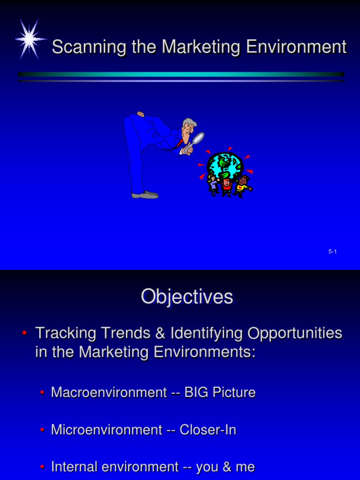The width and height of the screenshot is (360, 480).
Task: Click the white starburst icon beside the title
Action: click(x=30, y=39)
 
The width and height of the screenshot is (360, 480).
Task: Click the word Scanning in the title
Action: click(x=82, y=47)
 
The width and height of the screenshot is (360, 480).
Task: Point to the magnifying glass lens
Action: click(x=198, y=139)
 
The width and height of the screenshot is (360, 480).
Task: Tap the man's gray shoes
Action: click(x=145, y=195)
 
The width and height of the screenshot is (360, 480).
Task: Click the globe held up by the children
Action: click(x=225, y=165)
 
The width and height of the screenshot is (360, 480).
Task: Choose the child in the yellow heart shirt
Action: click(x=242, y=186)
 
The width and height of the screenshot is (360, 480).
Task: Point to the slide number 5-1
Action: click(x=332, y=252)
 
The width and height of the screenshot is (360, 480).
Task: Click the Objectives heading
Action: click(x=187, y=297)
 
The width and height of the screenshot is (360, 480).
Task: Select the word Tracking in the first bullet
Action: click(x=66, y=333)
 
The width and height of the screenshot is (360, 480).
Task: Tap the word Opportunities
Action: click(x=295, y=333)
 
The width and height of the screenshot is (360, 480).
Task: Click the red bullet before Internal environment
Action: click(x=42, y=467)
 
